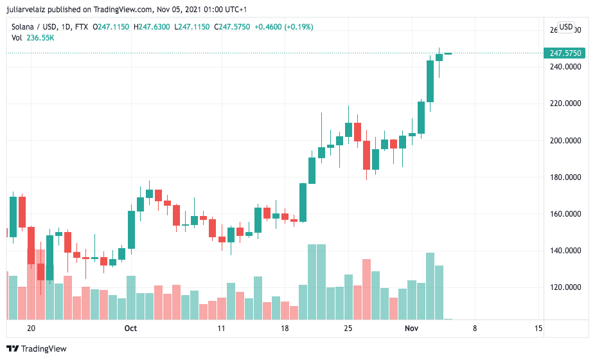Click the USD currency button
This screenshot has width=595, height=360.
566,27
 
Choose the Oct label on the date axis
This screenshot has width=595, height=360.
130,328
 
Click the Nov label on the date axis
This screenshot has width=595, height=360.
412,328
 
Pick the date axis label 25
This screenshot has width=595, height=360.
348,328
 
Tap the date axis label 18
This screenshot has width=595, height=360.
285,328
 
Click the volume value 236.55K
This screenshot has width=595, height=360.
40,38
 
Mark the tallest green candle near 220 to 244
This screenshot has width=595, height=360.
430,81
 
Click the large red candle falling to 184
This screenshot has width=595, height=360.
366,155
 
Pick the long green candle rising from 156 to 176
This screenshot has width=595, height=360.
303,203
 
